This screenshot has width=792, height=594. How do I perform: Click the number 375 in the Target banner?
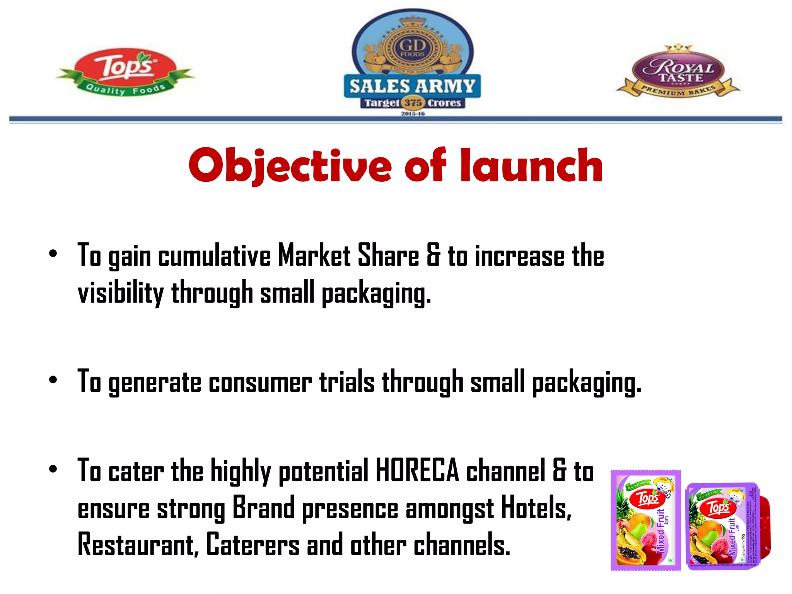point(413,103)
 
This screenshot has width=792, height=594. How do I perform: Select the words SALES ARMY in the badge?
point(412,86)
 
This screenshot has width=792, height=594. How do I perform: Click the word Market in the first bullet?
point(314,256)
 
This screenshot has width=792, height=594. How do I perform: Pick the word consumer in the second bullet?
point(260,382)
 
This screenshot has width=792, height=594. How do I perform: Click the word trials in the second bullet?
point(347,382)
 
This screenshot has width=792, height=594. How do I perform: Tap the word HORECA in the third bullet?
point(417,471)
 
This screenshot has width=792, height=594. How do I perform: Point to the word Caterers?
point(253,544)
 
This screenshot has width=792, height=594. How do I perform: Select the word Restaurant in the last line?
point(138,544)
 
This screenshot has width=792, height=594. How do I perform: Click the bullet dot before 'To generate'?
point(53,380)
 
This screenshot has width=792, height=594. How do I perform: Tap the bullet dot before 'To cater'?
point(53,469)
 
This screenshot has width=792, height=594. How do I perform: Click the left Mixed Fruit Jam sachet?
point(645,520)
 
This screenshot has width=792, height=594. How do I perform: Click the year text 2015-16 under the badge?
point(413,114)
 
